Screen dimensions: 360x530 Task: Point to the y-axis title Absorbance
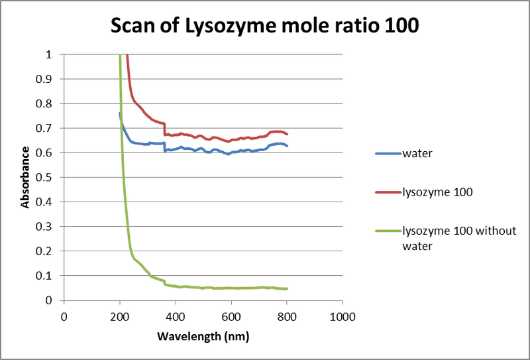[x=25, y=177]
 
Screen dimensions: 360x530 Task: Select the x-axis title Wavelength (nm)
[x=203, y=336]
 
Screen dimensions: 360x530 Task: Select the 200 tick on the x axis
[x=119, y=316]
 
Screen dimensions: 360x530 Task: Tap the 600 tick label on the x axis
[x=231, y=316]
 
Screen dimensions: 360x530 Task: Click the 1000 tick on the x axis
[x=342, y=316]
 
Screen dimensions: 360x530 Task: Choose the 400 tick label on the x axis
[x=175, y=316]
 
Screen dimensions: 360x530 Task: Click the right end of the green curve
[x=287, y=288]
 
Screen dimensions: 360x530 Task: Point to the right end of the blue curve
[x=287, y=146]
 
